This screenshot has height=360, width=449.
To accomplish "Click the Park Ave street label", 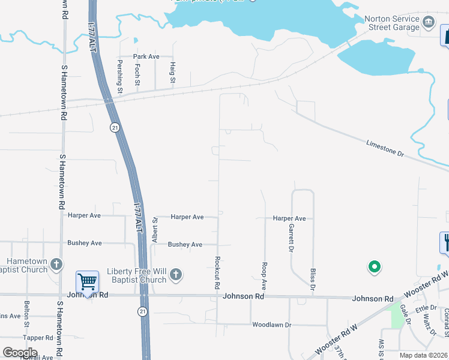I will click(146, 56).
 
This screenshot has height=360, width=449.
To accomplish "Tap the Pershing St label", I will click(120, 77).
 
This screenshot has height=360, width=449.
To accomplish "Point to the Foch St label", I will click(137, 74).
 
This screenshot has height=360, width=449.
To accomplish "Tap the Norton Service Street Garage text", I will click(391, 23).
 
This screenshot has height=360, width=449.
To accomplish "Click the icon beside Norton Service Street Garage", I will click(428, 23).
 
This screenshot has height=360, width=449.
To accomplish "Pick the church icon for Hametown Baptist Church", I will click(56, 265).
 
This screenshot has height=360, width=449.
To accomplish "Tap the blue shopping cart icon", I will click(87, 282).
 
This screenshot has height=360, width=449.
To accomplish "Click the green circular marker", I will click(374, 267).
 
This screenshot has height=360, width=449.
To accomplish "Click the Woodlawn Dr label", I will click(271, 325).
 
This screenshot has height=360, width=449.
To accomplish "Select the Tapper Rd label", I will click(38, 338).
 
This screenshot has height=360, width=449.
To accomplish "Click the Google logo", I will click(20, 353).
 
